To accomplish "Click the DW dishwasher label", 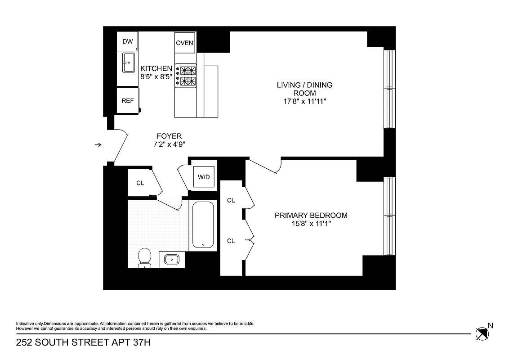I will click(128, 42).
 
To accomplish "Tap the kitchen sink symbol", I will click(128, 63).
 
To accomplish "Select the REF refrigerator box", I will click(128, 101).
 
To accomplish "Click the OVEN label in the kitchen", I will click(184, 43).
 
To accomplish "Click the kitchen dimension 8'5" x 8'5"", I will click(156, 77).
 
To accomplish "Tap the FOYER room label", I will click(169, 136).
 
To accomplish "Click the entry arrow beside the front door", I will click(98, 144).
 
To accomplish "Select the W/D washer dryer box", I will click(204, 177).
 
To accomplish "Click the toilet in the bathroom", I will click(144, 258).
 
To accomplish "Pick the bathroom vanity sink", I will click(172, 260).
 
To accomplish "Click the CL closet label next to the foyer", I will click(140, 183).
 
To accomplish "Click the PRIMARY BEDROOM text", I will click(311, 215).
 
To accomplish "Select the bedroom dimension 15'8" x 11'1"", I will click(311, 224).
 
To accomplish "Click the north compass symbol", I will click(482, 333).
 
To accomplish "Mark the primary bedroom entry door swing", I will click(265, 166).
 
